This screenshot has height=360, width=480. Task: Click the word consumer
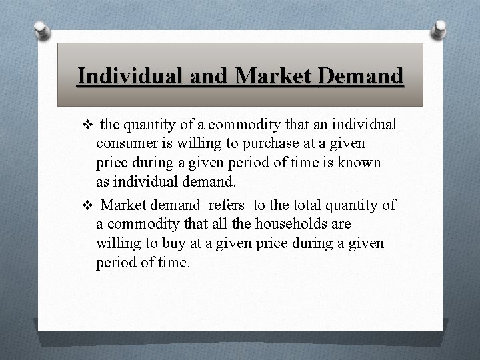[127, 143]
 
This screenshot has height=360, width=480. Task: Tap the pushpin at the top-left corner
[41, 31]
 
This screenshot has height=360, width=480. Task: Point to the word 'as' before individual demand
[104, 182]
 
